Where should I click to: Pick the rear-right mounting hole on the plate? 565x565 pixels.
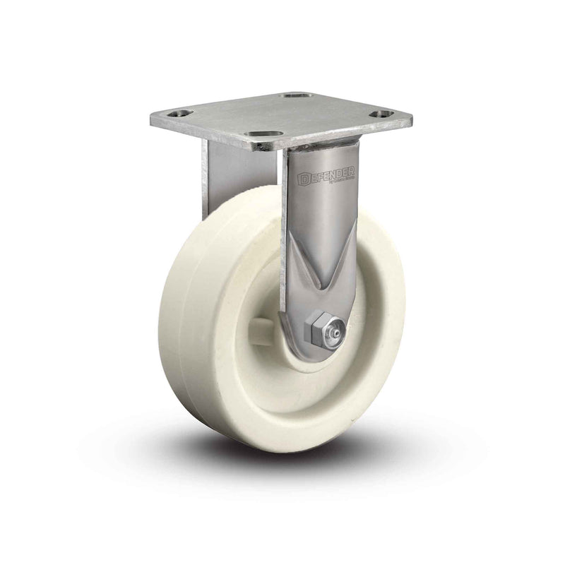pyautogui.click(x=295, y=97)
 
